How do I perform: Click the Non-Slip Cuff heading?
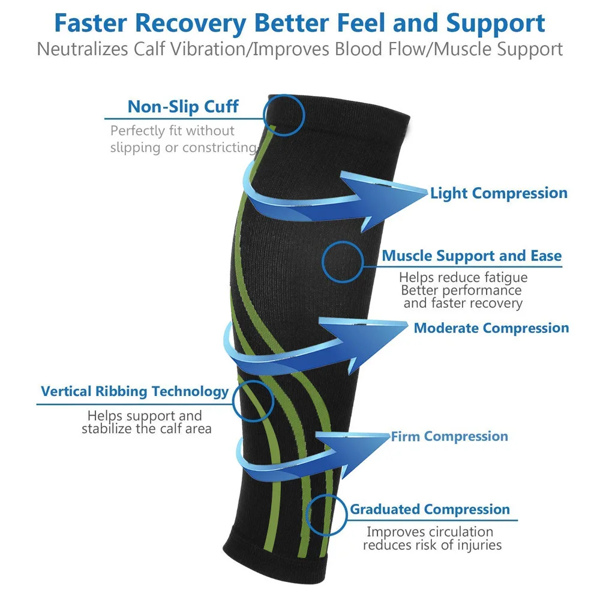[x=183, y=107]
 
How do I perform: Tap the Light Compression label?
[x=499, y=193]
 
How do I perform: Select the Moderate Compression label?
[x=491, y=328]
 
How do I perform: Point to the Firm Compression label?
[x=449, y=436]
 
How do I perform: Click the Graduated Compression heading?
[x=430, y=510]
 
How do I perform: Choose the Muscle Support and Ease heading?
[x=472, y=256]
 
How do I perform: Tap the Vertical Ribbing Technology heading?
[x=135, y=392]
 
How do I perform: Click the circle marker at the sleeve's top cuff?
[x=284, y=114]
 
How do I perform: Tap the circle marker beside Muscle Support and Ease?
[x=343, y=262]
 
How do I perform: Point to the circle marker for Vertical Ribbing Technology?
[x=253, y=401]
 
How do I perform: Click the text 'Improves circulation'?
[x=430, y=532]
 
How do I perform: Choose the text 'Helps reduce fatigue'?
[x=463, y=277]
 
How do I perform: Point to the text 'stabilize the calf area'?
[x=146, y=428]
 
